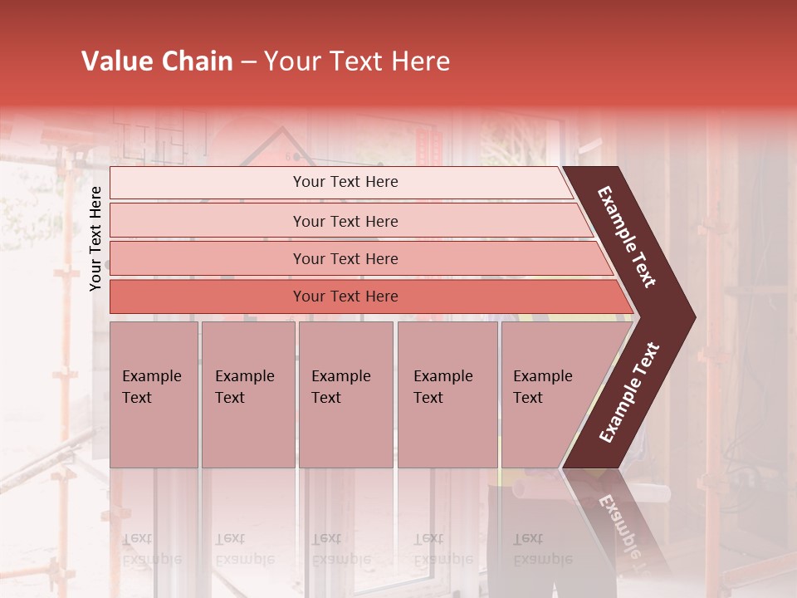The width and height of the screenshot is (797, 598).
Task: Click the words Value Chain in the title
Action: click(x=157, y=61)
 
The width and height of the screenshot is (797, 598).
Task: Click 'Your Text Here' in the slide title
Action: click(x=357, y=61)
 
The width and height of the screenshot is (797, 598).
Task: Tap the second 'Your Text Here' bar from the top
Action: click(x=345, y=221)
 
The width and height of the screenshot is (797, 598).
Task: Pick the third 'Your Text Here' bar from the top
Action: click(x=345, y=258)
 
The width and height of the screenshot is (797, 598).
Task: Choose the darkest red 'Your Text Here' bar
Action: click(x=345, y=297)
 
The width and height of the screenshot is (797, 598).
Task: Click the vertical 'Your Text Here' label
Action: click(x=96, y=238)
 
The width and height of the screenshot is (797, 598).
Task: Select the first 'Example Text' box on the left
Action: click(x=154, y=394)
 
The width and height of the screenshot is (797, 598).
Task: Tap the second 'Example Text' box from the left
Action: click(x=247, y=394)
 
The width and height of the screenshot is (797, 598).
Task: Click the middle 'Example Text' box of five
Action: click(x=345, y=394)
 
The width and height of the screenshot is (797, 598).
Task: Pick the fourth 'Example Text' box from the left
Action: click(x=447, y=394)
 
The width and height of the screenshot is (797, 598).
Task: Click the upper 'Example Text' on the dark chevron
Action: click(x=627, y=237)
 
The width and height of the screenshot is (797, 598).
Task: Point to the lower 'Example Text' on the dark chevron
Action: click(x=629, y=393)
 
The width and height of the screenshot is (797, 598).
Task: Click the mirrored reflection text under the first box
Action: click(x=151, y=549)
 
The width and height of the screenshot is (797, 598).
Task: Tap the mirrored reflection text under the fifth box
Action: click(x=542, y=549)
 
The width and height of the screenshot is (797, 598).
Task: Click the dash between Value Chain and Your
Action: click(x=248, y=62)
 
